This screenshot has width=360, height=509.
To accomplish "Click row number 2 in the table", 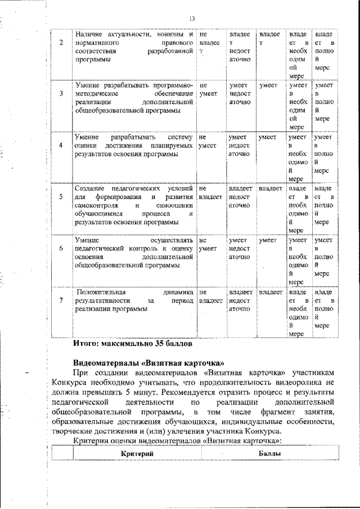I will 61,44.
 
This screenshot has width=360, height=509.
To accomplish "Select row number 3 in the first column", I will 61,94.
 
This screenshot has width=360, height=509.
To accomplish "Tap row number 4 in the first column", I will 61,145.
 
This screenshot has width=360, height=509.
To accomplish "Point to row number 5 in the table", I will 61,197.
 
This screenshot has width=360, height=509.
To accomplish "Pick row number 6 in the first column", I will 61,248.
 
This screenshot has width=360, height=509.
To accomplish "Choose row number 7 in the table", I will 61,300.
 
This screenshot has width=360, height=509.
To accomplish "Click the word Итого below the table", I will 87,343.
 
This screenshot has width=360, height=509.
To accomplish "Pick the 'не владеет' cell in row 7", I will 210,296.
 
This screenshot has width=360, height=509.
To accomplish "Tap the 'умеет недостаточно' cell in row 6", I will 240,249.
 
